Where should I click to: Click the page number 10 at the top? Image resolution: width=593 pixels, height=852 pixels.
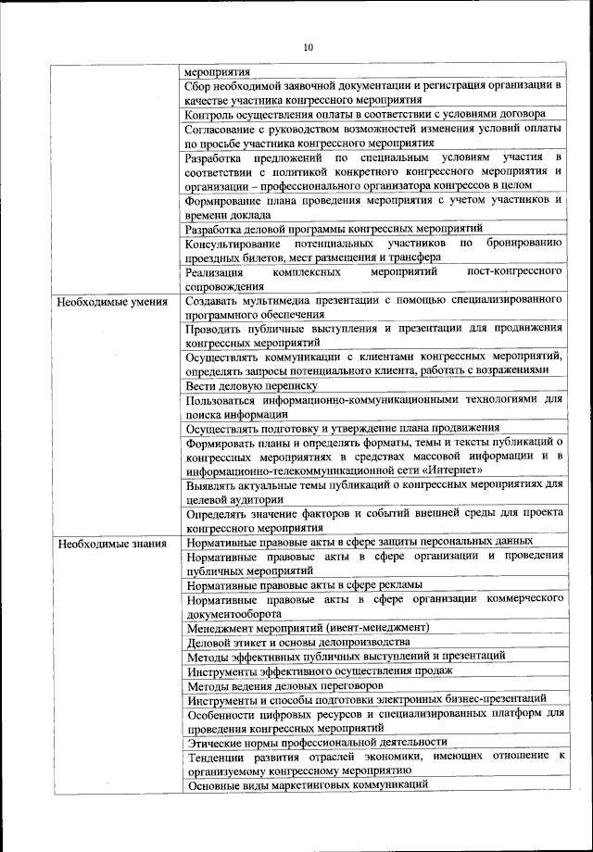point(308,47)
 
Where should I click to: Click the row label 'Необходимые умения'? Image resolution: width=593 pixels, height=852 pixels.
point(112,302)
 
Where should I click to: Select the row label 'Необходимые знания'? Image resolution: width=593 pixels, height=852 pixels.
point(112,543)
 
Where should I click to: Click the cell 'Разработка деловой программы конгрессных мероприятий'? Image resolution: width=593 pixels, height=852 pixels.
point(334,228)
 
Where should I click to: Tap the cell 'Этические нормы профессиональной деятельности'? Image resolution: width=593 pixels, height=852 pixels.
point(317,742)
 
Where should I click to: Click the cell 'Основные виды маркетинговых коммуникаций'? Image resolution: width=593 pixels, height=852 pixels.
point(307,784)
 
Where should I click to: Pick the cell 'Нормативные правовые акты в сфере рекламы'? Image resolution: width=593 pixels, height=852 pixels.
point(305,584)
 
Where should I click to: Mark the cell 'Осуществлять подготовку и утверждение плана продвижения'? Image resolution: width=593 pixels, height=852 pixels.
point(342,428)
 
